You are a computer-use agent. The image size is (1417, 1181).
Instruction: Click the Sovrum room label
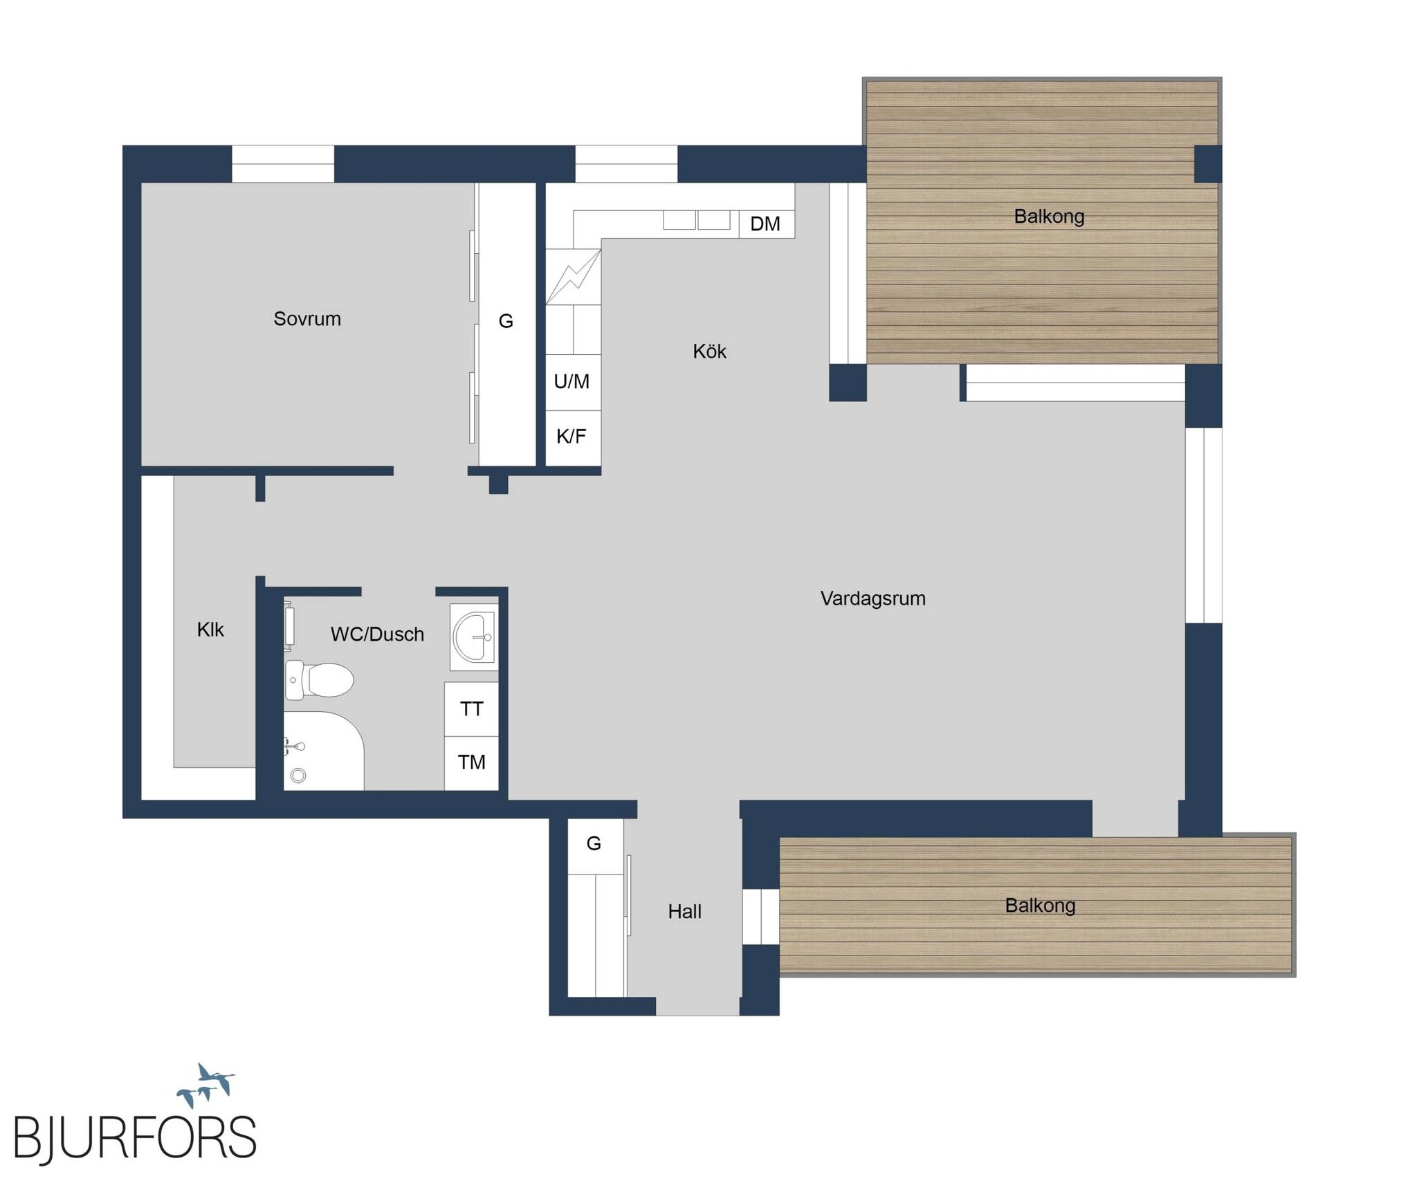(307, 319)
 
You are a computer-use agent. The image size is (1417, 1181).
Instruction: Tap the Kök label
(710, 351)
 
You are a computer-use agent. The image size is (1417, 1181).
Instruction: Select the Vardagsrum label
(873, 599)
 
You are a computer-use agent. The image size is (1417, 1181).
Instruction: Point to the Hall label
(685, 912)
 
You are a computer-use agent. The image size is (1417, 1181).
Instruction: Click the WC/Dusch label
(377, 634)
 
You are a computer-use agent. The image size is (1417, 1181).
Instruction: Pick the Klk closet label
(210, 630)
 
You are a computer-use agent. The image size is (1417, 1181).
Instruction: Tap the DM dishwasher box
(767, 224)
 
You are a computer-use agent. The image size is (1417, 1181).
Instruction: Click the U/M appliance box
(573, 383)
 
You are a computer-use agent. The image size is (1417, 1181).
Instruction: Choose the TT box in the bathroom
(471, 709)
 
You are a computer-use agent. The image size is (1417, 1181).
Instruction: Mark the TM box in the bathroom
(471, 763)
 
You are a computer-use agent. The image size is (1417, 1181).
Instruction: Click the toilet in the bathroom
(319, 680)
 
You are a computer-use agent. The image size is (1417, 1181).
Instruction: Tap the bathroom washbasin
(474, 637)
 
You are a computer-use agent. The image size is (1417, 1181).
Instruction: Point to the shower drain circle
(298, 776)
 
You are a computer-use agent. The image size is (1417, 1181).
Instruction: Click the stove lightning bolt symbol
(573, 277)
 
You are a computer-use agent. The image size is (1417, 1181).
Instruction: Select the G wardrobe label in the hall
(594, 843)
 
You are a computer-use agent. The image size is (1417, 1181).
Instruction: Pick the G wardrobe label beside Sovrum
(506, 321)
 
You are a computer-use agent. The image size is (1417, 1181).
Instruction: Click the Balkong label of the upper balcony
(1049, 217)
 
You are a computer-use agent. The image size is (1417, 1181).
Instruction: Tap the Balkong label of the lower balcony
(1040, 906)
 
